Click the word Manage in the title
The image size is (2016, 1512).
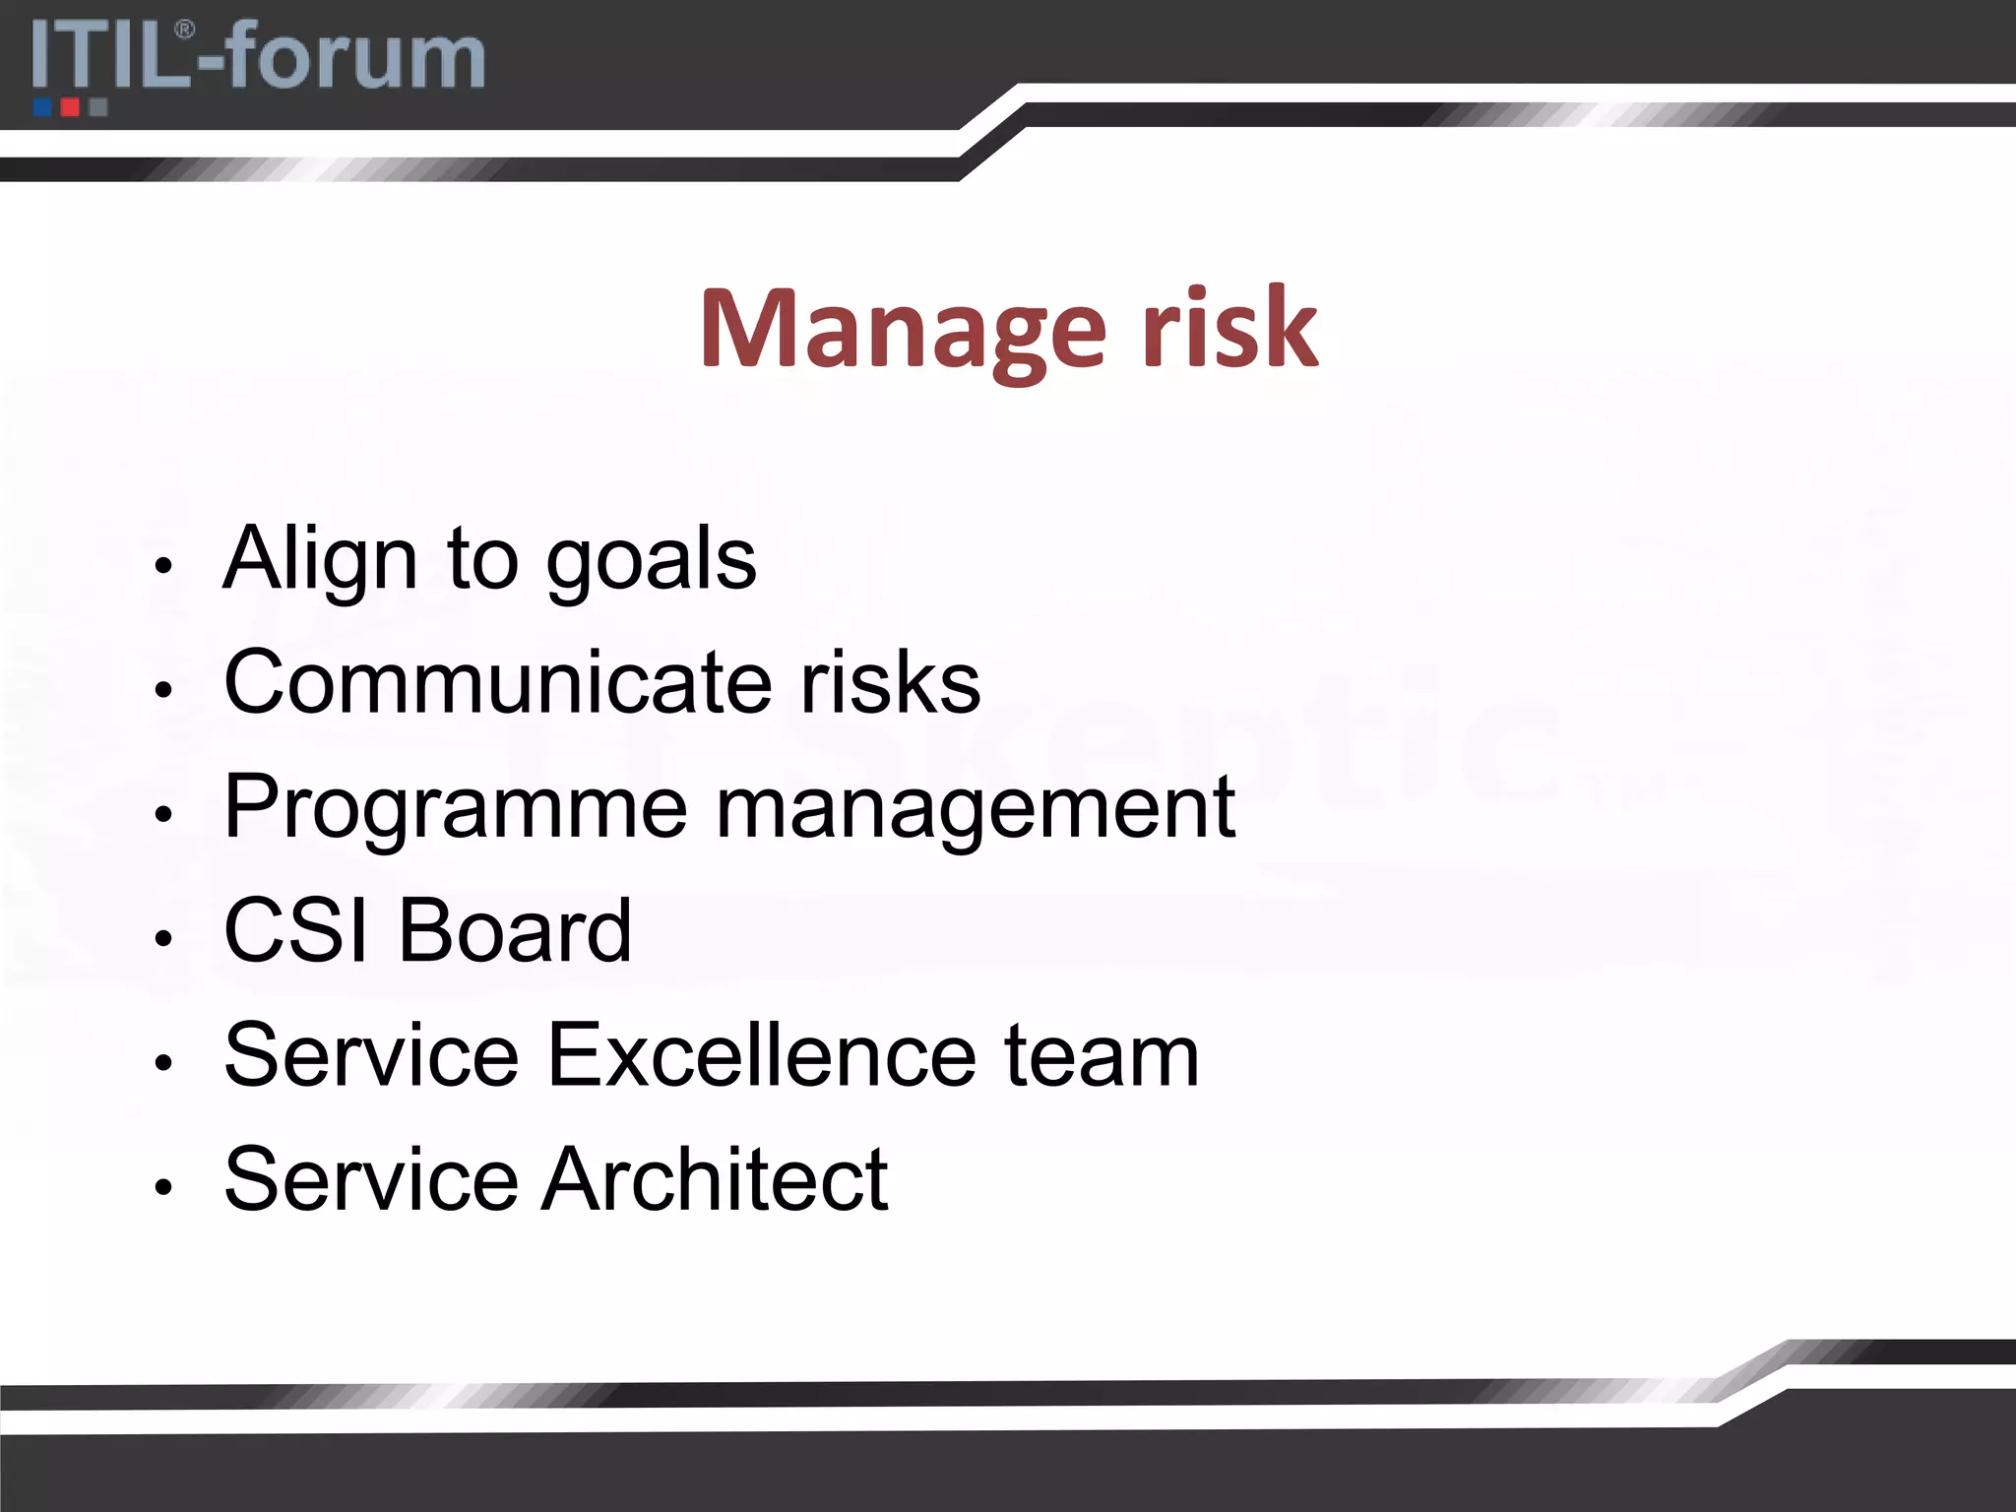click(x=903, y=330)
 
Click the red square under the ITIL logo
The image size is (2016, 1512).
click(x=70, y=106)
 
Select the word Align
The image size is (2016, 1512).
click(x=320, y=559)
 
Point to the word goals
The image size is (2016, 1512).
click(x=651, y=561)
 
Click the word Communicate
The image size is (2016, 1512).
click(x=498, y=681)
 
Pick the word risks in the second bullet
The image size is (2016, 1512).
click(x=890, y=681)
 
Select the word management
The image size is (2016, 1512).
click(x=975, y=809)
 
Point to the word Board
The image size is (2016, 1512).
click(x=515, y=930)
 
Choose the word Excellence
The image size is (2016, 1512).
click(x=761, y=1055)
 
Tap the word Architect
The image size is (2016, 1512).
click(x=716, y=1179)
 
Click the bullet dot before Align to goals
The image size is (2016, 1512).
click(x=163, y=566)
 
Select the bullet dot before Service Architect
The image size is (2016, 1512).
click(x=163, y=1187)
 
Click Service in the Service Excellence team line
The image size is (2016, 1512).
click(x=371, y=1055)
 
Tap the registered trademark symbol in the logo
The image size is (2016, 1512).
click(x=183, y=30)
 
